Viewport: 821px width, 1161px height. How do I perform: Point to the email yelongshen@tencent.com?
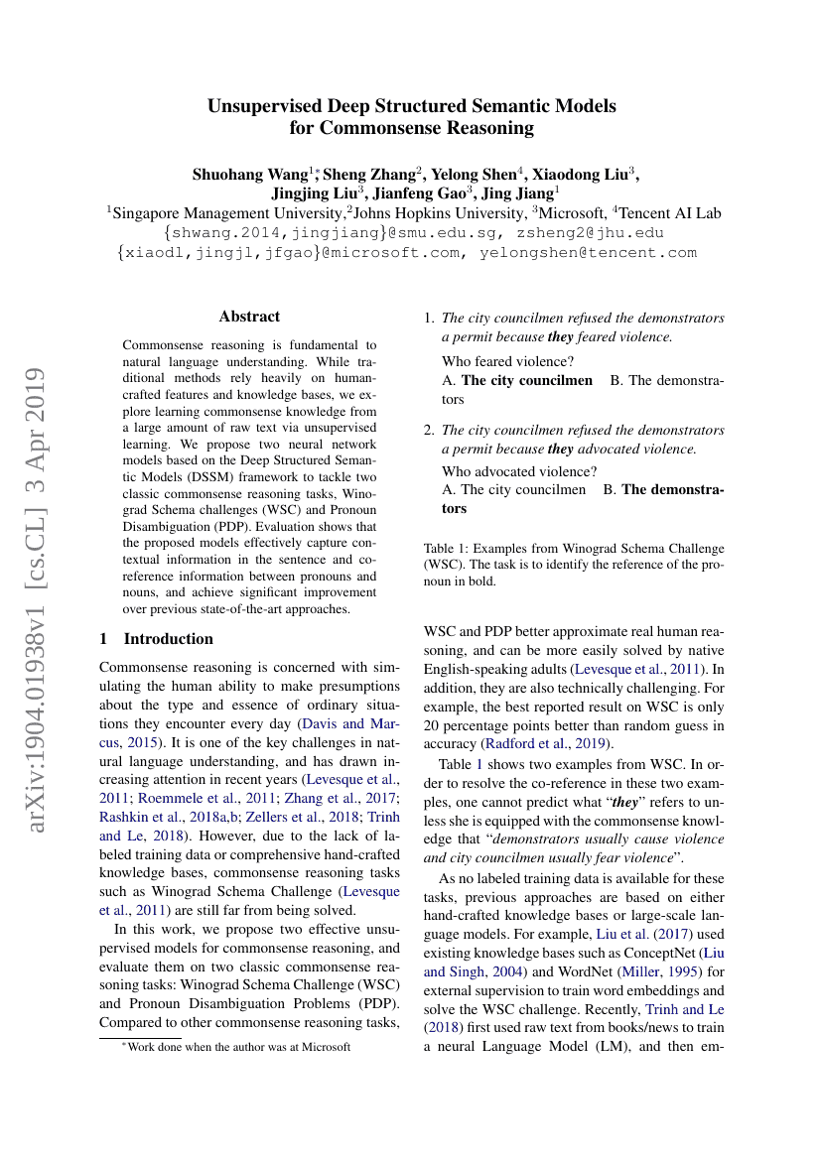click(588, 252)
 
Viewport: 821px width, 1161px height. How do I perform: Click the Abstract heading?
click(249, 317)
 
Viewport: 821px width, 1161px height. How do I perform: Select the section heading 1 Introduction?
click(157, 639)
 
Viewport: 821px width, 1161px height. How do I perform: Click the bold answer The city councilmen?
click(527, 381)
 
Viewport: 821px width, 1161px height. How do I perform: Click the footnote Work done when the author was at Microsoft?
click(238, 1046)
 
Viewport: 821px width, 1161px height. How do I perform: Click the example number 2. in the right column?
click(429, 431)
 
